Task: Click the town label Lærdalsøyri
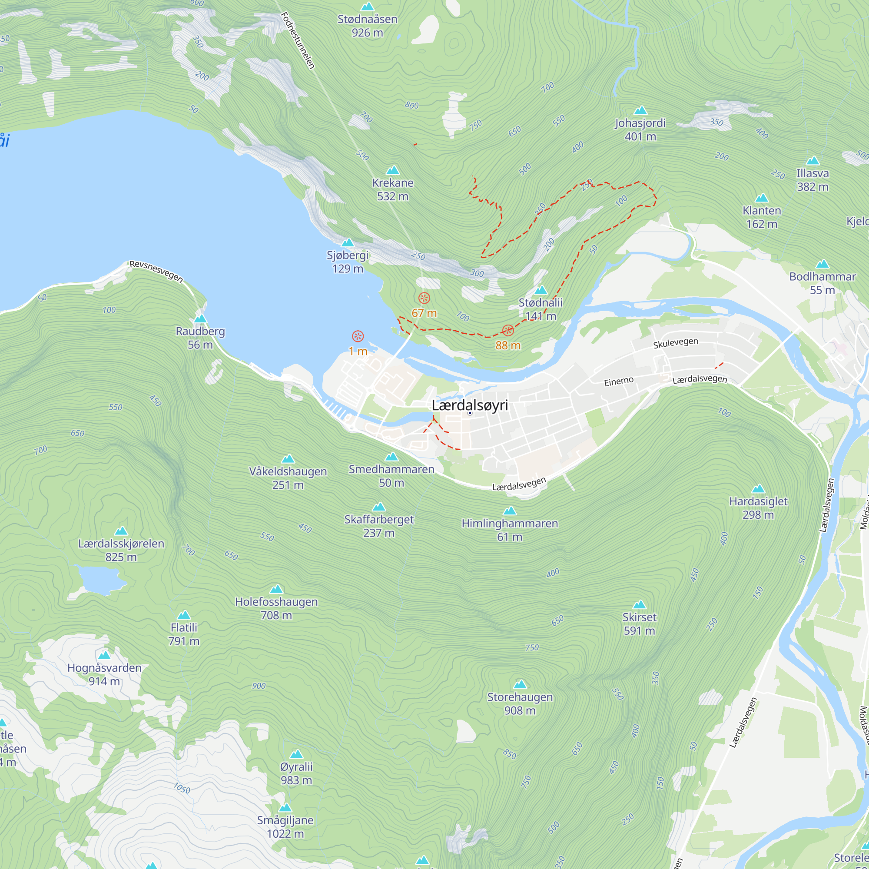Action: tap(470, 405)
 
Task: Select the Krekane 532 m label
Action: tap(393, 189)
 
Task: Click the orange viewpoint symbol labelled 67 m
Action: tap(424, 298)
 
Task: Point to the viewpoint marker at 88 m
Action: tap(508, 331)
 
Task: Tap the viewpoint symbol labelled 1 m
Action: tap(358, 336)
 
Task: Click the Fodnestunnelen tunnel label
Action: tap(297, 40)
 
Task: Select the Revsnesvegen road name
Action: tap(156, 271)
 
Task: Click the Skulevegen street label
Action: tap(675, 343)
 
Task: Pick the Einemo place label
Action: tap(618, 381)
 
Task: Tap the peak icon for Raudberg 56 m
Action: tap(200, 319)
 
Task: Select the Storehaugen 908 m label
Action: tap(520, 703)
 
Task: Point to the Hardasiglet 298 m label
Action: tap(758, 508)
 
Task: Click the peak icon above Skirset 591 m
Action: tap(639, 605)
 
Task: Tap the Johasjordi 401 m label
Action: tap(640, 129)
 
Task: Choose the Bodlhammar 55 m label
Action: tap(822, 283)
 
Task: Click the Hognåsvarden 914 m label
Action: tap(104, 674)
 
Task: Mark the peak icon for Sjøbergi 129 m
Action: tap(348, 243)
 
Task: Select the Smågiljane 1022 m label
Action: tap(285, 827)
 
